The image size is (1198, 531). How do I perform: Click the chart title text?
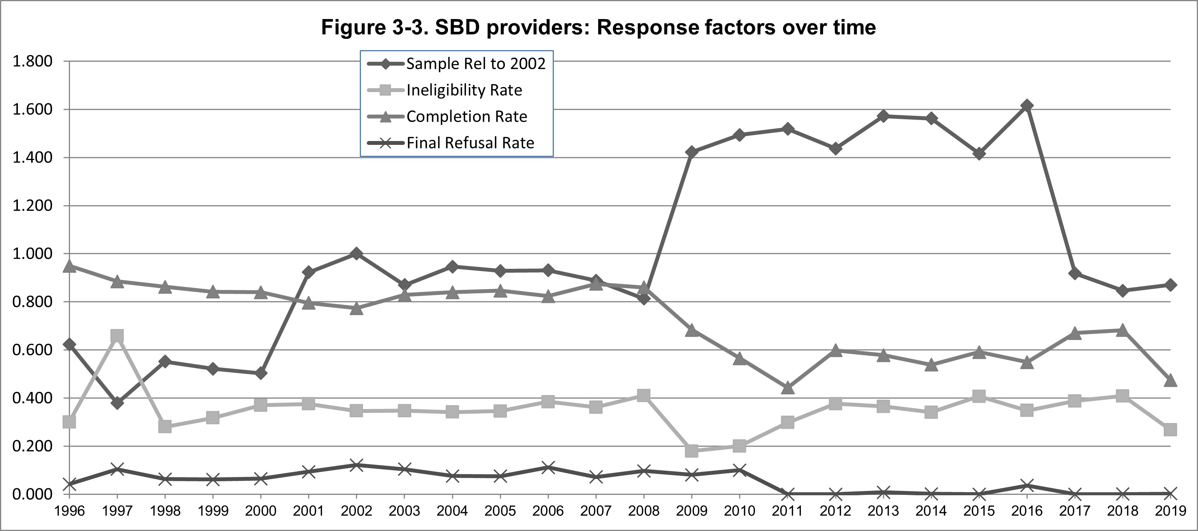pos(598,28)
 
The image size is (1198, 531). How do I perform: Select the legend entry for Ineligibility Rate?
pos(464,90)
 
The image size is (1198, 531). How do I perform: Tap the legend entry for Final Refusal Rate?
pos(470,143)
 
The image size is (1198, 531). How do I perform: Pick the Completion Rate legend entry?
pos(466,117)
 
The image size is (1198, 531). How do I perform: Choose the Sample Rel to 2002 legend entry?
pos(475,64)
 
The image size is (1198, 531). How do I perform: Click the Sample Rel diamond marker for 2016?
pos(1027,106)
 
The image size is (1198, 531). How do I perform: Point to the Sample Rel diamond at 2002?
pos(356,254)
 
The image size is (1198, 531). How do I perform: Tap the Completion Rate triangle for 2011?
pos(787,387)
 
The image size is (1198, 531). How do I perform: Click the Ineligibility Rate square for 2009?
pos(692,451)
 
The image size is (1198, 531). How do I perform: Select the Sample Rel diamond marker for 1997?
pos(117,402)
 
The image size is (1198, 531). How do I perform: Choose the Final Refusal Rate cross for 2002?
pos(356,465)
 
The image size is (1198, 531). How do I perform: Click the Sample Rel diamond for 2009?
pos(692,152)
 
